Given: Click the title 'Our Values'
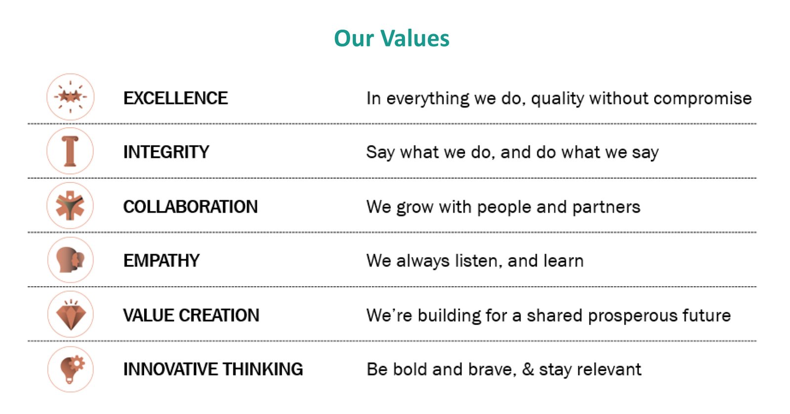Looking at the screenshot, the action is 392,38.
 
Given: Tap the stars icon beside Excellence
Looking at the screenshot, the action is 71,97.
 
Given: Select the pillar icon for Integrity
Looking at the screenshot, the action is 70,151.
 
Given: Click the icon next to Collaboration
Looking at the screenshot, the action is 70,206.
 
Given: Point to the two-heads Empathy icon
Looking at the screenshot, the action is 71,260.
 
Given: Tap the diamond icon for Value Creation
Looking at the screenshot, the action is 71,314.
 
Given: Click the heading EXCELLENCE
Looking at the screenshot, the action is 176,98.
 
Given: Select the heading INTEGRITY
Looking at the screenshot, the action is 166,152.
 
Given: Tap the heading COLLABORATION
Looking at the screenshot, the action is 191,207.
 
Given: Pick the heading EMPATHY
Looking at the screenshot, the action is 161,261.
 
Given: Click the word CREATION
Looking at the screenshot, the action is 219,315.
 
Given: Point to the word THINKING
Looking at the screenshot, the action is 263,369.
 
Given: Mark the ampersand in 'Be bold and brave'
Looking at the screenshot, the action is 528,370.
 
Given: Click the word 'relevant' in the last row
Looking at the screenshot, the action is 609,370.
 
